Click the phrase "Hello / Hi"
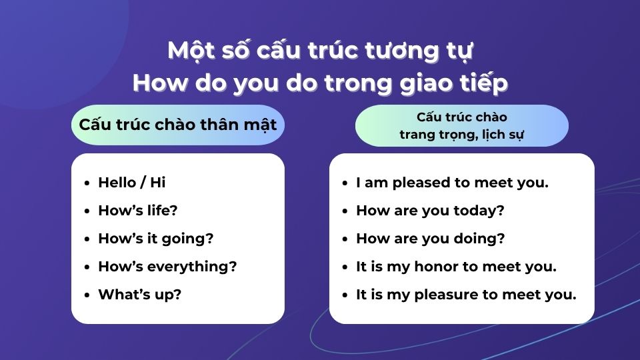131,182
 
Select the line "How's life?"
137,211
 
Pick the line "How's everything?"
167,267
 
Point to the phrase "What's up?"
139,295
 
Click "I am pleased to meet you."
452,182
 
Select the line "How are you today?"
430,211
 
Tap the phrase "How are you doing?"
430,239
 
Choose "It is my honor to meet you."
456,267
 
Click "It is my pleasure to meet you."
466,295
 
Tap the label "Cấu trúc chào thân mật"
177,125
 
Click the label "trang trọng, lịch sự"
461,133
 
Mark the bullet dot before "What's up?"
87,295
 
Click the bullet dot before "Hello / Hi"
87,183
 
